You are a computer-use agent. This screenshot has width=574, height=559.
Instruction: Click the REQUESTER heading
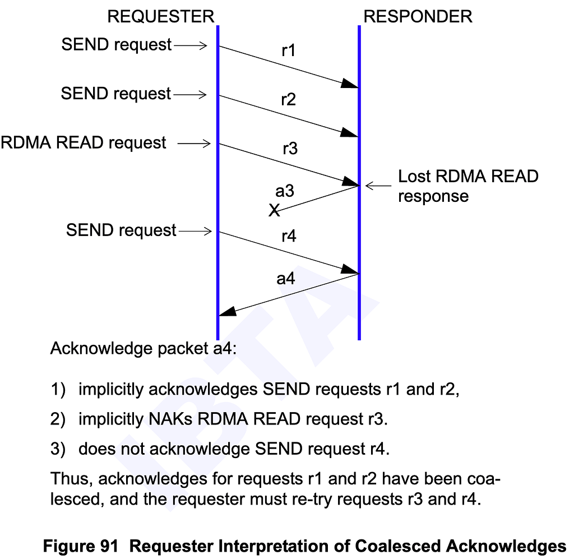click(x=161, y=16)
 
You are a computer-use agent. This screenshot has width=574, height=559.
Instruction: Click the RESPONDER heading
click(x=418, y=16)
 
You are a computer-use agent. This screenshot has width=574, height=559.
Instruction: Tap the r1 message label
click(x=288, y=51)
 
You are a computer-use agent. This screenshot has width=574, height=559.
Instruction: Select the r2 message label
click(x=288, y=100)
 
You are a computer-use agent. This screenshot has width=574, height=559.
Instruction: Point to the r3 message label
click(x=290, y=149)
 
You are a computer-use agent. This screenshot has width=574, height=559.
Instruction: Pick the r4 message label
click(x=288, y=236)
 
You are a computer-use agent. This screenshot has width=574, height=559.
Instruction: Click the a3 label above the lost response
click(x=285, y=191)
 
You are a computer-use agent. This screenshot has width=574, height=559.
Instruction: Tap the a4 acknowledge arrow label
click(x=285, y=278)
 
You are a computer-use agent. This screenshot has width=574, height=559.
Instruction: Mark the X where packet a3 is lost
click(x=274, y=211)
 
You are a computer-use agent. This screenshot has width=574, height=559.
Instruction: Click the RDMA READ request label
click(x=84, y=143)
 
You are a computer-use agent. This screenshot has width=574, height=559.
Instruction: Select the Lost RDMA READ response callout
click(x=467, y=186)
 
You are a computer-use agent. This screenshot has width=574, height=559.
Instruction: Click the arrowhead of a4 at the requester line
click(x=226, y=312)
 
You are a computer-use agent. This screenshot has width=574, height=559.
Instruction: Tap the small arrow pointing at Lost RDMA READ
click(x=378, y=185)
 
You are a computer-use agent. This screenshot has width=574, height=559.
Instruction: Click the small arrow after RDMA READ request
click(x=194, y=144)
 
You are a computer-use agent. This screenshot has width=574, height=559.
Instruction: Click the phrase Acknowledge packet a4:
click(x=143, y=349)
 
